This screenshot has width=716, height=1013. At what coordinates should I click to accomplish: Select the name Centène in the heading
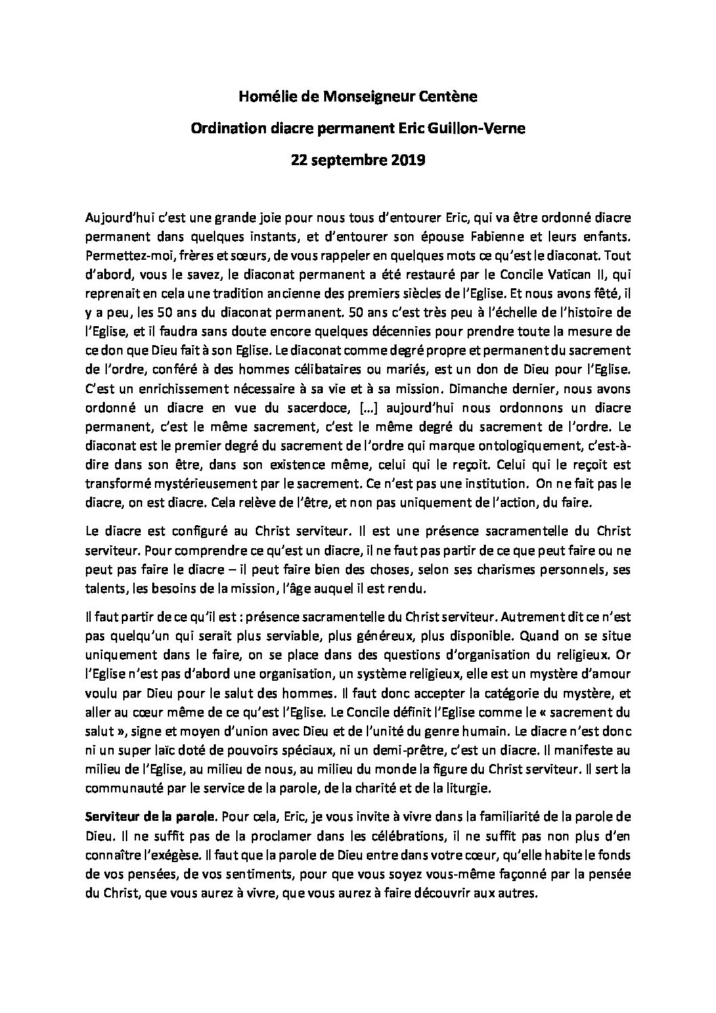coord(452,97)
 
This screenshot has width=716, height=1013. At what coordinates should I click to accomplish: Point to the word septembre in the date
coord(341,161)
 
